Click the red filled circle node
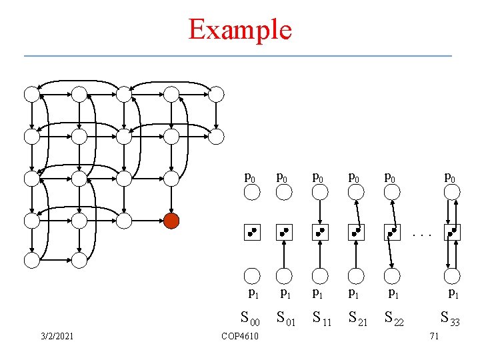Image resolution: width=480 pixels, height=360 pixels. click(x=172, y=221)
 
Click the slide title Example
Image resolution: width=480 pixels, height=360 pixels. click(x=240, y=29)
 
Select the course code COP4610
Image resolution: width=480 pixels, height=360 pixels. click(x=239, y=336)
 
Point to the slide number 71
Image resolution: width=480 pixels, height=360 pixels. click(x=434, y=336)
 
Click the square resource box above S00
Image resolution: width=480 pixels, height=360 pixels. click(x=251, y=233)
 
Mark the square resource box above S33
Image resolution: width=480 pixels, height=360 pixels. click(x=453, y=233)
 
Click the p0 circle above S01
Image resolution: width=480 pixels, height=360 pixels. click(x=285, y=192)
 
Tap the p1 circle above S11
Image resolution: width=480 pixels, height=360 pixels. click(x=321, y=275)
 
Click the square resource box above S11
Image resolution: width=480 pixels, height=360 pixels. click(x=321, y=233)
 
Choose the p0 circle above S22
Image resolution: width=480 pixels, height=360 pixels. click(x=393, y=192)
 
